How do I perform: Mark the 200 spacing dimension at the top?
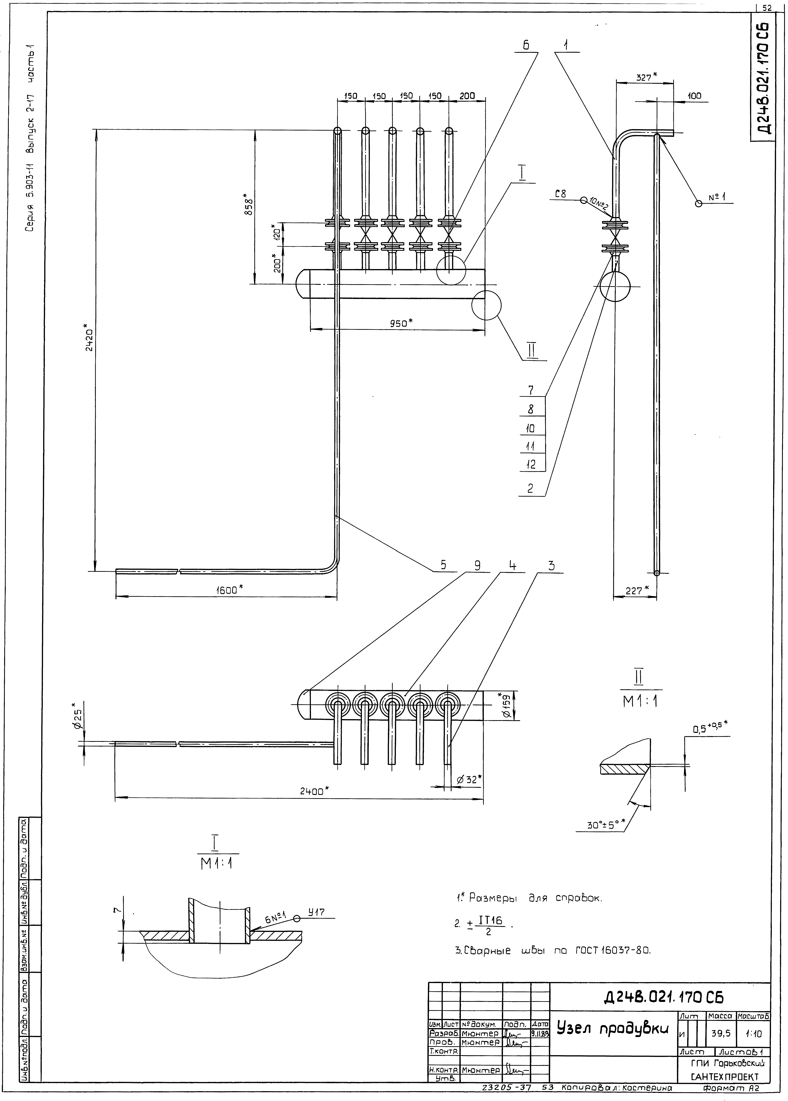(467, 96)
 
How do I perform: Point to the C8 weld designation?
(560, 194)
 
